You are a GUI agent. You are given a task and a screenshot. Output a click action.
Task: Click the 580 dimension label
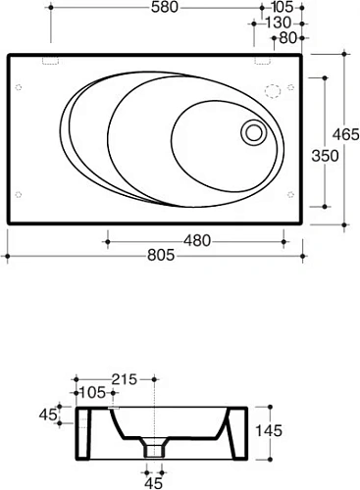(165, 7)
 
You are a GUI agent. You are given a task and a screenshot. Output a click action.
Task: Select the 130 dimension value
(278, 23)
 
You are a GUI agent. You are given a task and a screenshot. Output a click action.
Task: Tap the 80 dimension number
(287, 38)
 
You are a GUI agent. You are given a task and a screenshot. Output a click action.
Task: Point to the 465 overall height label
(346, 134)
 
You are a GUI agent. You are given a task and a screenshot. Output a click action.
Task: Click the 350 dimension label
(325, 156)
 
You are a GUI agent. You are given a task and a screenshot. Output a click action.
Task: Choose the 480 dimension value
(197, 241)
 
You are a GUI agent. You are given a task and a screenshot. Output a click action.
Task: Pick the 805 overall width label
(161, 255)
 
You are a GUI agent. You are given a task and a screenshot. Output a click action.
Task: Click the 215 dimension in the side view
(125, 379)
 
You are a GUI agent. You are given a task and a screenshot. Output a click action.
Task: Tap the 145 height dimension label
(268, 431)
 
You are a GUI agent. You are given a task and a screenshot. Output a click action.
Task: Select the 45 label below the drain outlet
(153, 483)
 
